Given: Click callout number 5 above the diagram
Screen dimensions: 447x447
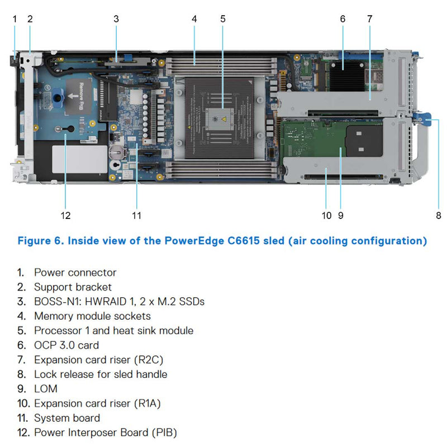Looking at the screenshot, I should tap(223, 18).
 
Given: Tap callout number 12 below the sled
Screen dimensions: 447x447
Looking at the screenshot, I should tap(66, 215).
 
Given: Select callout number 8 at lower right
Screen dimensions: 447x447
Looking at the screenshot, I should tap(439, 215).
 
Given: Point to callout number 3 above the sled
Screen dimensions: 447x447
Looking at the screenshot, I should tap(116, 18).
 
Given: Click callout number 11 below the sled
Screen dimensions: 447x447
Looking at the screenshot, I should tap(137, 215).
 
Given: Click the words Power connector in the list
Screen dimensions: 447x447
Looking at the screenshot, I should tap(75, 273).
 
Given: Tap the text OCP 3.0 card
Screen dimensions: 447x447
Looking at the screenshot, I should tap(66, 345).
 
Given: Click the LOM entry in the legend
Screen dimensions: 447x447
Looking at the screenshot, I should tap(45, 389).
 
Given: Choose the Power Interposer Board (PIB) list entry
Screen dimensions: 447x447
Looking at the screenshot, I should tap(106, 432).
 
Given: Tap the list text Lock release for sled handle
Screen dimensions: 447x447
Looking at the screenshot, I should tap(101, 374).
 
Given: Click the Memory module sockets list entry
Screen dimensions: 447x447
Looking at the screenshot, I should tap(92, 316).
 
